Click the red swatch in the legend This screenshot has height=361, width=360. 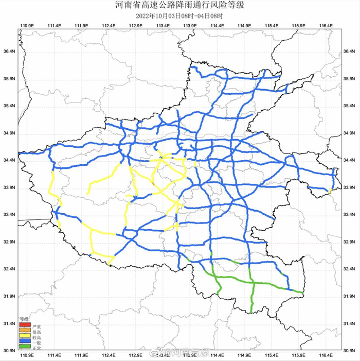[x=24, y=325]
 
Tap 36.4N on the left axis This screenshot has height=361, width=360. [x=9, y=51]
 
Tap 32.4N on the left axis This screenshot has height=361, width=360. [x=9, y=269]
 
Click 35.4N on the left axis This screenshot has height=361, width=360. [x=9, y=106]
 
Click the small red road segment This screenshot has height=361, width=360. [x=153, y=184]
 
